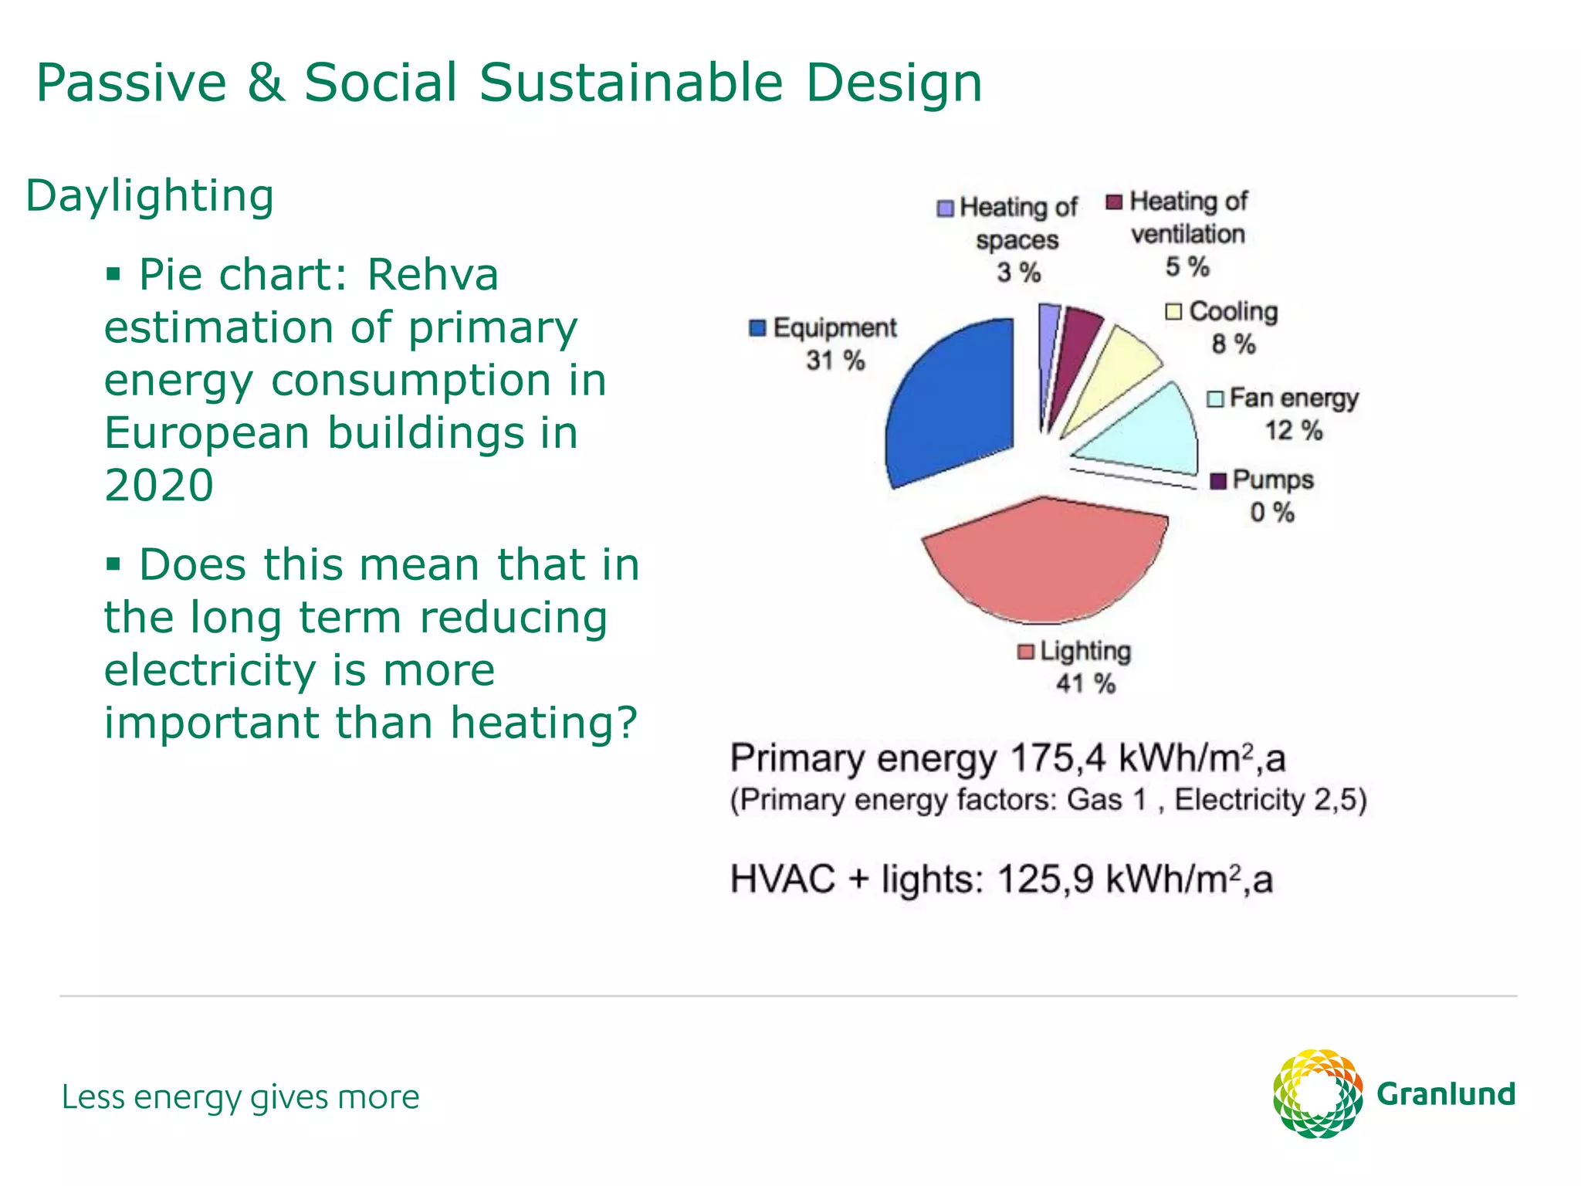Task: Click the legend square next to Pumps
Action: click(1218, 481)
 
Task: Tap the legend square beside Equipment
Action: click(757, 328)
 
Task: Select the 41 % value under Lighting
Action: click(1085, 684)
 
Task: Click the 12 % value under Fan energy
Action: click(1293, 431)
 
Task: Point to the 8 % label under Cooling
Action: click(1233, 344)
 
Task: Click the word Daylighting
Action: click(150, 196)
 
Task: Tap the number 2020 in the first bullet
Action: click(159, 485)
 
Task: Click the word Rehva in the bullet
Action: click(432, 275)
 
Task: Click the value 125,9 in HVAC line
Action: click(1045, 879)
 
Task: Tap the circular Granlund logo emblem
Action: click(1317, 1093)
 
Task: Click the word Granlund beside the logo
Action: click(1446, 1094)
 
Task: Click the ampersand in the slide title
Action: click(266, 83)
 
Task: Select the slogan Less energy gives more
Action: click(240, 1097)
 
